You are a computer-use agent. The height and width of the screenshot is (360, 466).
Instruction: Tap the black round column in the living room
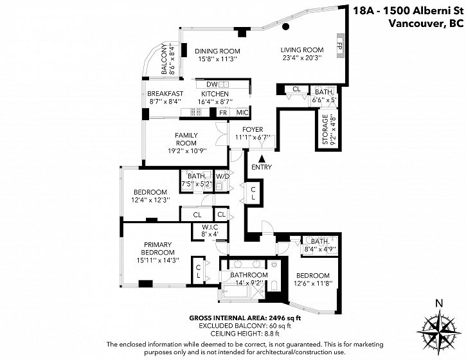tap(285, 27)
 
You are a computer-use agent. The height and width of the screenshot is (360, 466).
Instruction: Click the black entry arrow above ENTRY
tap(262, 158)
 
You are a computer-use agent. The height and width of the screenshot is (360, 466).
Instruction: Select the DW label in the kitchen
tap(212, 84)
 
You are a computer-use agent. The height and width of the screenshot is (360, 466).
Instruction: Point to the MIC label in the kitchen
tap(242, 113)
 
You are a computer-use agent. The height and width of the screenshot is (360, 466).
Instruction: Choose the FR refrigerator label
tap(223, 113)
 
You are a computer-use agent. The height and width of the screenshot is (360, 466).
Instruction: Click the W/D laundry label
tap(222, 176)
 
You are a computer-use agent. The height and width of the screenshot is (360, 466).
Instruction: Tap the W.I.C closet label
tap(210, 228)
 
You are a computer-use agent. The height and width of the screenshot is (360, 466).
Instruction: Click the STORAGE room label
tap(325, 129)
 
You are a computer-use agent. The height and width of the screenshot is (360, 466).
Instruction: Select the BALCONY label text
tap(165, 59)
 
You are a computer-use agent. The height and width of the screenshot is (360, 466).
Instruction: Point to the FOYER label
tap(253, 130)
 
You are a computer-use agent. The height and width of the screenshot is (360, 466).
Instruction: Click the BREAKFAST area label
tap(165, 94)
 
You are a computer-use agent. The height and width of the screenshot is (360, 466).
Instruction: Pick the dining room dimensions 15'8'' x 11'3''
tap(217, 59)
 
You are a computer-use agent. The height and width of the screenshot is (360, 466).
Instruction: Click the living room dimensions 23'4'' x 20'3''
tap(302, 58)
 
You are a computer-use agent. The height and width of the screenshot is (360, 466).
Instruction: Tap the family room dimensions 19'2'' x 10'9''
tap(187, 150)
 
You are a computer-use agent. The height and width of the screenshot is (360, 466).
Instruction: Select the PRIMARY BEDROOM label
tap(158, 249)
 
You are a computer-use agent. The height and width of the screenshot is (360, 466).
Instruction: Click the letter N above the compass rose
tap(439, 303)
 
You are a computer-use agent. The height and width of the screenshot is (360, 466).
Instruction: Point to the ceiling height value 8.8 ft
tap(272, 334)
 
